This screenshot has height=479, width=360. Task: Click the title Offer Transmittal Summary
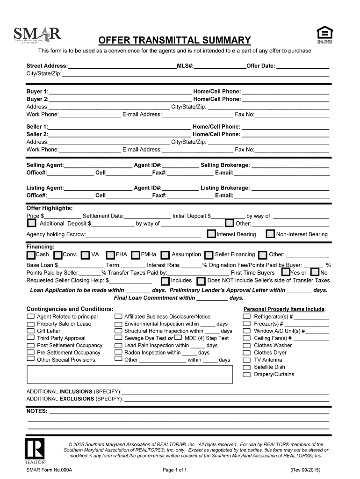(x=174, y=40)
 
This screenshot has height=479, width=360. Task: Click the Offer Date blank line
(x=302, y=67)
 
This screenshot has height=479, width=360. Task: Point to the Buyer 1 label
(x=37, y=91)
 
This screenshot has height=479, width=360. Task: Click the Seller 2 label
(x=37, y=134)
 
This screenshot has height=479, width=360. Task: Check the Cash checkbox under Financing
(x=31, y=255)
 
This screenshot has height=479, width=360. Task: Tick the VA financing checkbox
(x=86, y=255)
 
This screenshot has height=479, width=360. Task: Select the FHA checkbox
(x=110, y=255)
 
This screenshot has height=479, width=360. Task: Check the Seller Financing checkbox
(x=209, y=255)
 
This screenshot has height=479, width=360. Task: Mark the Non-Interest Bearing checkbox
(x=270, y=234)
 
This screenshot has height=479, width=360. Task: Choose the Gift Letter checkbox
(x=30, y=331)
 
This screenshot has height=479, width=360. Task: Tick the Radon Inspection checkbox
(x=118, y=352)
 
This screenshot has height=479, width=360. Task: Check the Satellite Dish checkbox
(x=246, y=367)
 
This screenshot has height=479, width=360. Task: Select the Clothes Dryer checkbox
(x=246, y=353)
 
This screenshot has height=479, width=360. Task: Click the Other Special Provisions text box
(x=130, y=375)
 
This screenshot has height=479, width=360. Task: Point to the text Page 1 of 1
(x=175, y=470)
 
